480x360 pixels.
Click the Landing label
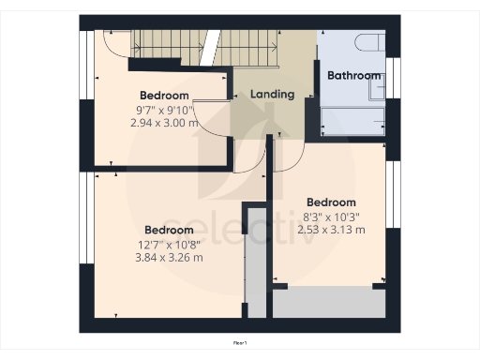272,94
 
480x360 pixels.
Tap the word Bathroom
353,76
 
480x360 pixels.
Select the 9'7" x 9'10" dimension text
164,109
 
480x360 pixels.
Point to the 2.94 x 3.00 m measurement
164,122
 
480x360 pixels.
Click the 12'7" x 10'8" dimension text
168,245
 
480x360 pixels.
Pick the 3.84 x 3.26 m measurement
168,258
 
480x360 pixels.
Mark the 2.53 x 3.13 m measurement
331,228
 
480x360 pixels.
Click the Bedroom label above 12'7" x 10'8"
169,230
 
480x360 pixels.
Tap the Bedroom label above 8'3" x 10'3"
331,202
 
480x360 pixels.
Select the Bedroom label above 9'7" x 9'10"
164,95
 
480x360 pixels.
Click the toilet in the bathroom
367,43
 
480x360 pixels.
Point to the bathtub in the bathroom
353,122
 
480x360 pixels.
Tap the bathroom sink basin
379,87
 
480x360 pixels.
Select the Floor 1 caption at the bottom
240,344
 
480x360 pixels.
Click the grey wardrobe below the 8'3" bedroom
331,301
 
